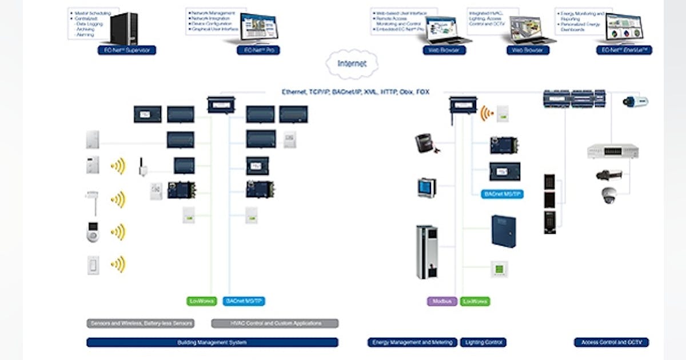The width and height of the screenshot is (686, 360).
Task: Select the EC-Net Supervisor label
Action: point(126,50)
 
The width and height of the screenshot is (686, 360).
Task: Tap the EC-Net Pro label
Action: point(258,50)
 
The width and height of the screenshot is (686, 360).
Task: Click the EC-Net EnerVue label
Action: point(624,50)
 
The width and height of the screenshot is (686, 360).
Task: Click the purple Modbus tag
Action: point(442,301)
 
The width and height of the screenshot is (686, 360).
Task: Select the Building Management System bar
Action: point(212,342)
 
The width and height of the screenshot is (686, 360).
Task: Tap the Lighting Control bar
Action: point(484,342)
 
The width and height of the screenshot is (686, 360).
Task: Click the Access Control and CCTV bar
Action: point(611,342)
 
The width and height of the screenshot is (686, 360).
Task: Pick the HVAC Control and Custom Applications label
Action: point(275,323)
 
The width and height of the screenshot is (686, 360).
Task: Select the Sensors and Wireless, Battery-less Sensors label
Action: point(141,323)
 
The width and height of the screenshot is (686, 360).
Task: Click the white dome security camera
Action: point(609,195)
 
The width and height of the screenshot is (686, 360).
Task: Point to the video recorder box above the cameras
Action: point(612,151)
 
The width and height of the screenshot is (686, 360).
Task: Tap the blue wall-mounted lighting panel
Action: point(504,231)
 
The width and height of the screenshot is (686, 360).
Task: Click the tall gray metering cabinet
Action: point(426,252)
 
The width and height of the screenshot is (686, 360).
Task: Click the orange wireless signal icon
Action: point(486,112)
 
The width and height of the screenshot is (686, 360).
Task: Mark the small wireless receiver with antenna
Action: point(140,167)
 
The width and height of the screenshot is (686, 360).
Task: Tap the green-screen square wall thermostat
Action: point(499,269)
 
